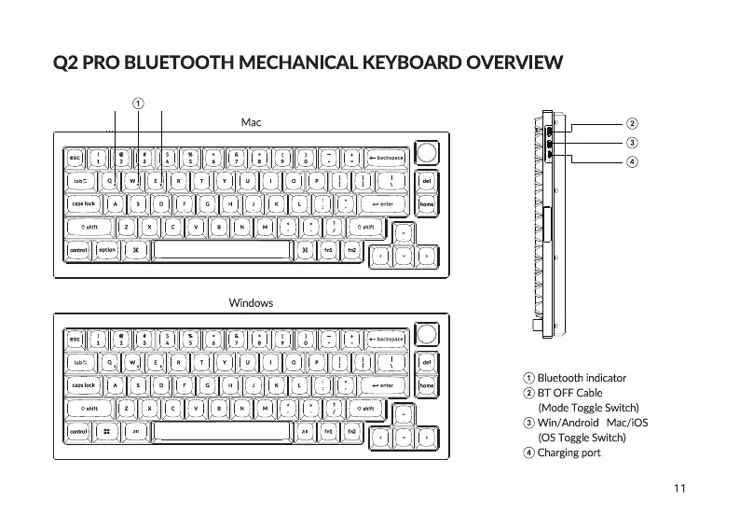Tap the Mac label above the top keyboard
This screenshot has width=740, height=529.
[251, 123]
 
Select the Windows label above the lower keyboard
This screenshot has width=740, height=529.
[251, 303]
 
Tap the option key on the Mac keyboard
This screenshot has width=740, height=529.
[107, 250]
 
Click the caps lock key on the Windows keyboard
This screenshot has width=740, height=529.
[84, 385]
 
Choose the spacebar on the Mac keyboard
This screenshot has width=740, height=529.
[220, 251]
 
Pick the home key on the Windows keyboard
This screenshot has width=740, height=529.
[426, 385]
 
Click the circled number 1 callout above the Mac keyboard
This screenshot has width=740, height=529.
[138, 102]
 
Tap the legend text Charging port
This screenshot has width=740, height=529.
[569, 453]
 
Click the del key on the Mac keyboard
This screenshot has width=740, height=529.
[426, 180]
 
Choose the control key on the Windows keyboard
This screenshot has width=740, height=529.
[78, 432]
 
